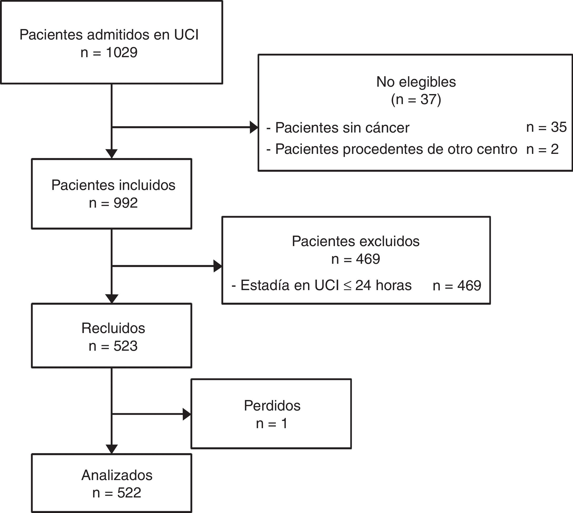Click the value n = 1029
(109, 52)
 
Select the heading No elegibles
(416, 82)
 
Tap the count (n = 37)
(416, 99)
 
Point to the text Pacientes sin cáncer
(342, 128)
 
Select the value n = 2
(542, 149)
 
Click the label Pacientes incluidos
(113, 185)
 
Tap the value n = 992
(113, 203)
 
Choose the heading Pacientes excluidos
(355, 241)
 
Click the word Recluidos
(113, 328)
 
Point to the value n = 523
(113, 346)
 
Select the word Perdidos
(272, 405)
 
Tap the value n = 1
(272, 423)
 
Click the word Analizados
(117, 475)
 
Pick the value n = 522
(117, 493)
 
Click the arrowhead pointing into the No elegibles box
(254, 128)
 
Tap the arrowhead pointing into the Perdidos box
(187, 414)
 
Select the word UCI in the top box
(186, 35)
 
